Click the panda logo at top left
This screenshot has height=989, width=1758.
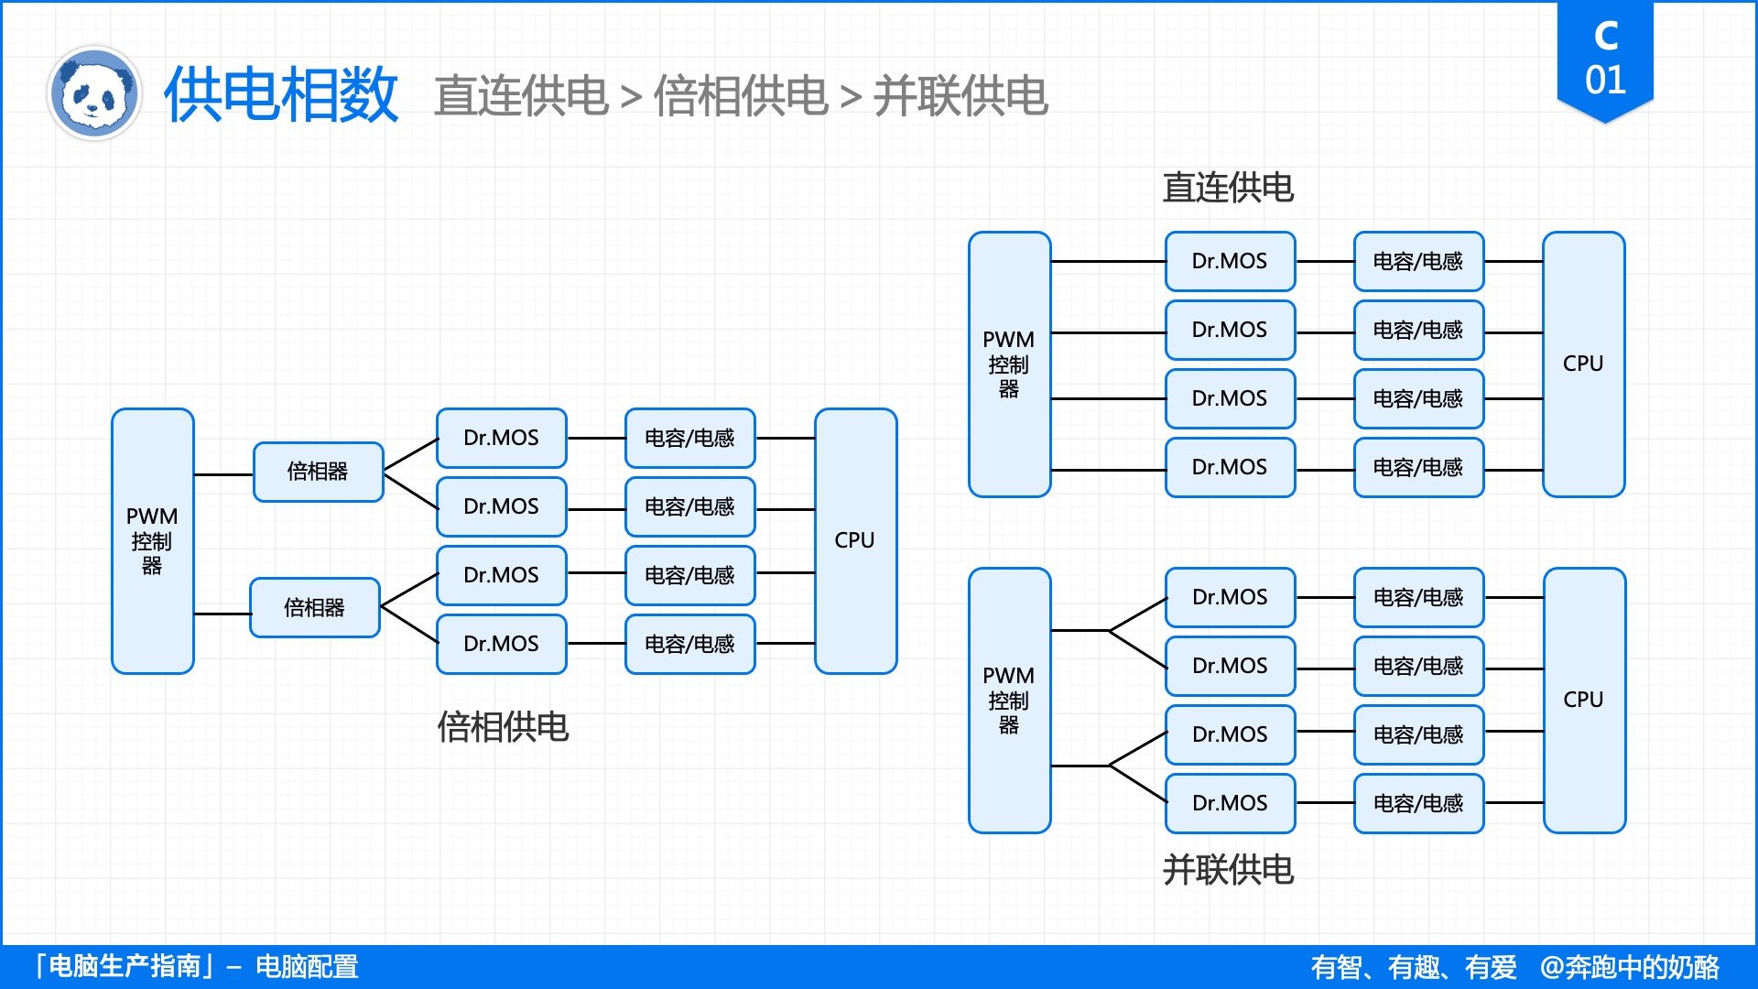pos(94,93)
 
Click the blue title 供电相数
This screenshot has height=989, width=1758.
pos(281,94)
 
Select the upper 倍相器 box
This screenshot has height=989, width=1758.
pos(318,472)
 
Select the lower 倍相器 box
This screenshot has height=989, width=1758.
pos(314,607)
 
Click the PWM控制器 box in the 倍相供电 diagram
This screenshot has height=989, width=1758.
pos(152,540)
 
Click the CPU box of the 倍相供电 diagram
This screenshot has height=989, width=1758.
pos(855,540)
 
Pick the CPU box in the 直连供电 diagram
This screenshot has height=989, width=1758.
pos(1583,364)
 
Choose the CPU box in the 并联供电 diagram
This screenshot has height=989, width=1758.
pos(1584,700)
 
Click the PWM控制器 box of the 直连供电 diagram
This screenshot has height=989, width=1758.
pos(1009,364)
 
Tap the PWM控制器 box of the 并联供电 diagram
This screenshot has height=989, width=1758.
pos(1009,700)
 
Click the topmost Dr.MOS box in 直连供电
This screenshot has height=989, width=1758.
pos(1230,261)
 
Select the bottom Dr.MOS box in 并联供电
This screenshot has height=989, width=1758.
pos(1230,803)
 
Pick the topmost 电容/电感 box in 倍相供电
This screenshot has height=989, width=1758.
pos(689,438)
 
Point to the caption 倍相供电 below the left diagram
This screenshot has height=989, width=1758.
pos(503,727)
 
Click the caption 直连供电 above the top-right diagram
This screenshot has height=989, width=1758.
pos(1228,188)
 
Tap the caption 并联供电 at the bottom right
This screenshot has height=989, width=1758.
pos(1228,870)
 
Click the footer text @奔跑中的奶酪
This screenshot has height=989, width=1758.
pos(1629,967)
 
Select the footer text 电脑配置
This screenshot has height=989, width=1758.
pos(307,967)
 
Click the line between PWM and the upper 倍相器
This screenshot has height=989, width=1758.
pos(223,474)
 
